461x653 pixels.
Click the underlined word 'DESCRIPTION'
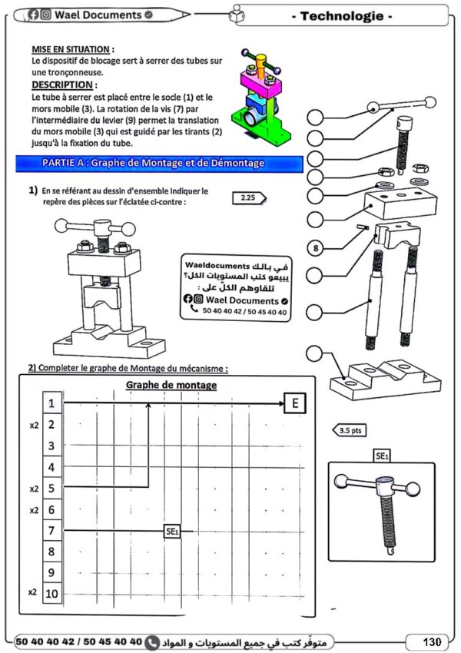(x=63, y=85)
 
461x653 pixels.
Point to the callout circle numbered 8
(x=316, y=247)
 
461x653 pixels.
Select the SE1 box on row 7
(x=172, y=531)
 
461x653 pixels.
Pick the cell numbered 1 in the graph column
(x=51, y=403)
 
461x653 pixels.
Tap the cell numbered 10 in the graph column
(x=51, y=593)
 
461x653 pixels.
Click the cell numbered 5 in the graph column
(x=51, y=488)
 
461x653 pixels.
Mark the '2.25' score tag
(x=249, y=198)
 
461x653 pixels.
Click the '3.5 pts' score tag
(x=349, y=431)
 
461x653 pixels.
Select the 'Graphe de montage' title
(x=171, y=385)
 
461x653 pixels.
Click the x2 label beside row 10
(x=32, y=592)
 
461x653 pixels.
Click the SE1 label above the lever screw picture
(x=381, y=456)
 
